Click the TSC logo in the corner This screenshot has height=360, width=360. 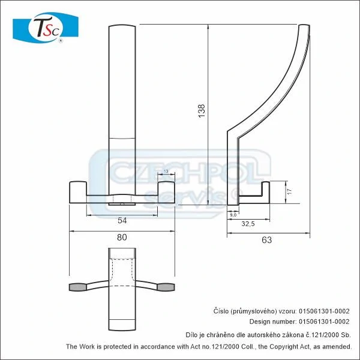(46, 27)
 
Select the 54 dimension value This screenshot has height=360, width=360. (122, 220)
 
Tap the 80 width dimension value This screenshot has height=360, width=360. (122, 237)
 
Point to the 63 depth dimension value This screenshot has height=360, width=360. (267, 240)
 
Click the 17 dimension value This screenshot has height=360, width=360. (289, 193)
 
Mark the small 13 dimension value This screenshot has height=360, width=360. (165, 172)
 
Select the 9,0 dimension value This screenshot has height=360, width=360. (233, 213)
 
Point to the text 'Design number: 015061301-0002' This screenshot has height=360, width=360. (281, 322)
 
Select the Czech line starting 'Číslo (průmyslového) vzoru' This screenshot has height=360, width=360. (281, 311)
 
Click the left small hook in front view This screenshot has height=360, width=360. (79, 191)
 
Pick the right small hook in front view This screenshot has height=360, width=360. (165, 191)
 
